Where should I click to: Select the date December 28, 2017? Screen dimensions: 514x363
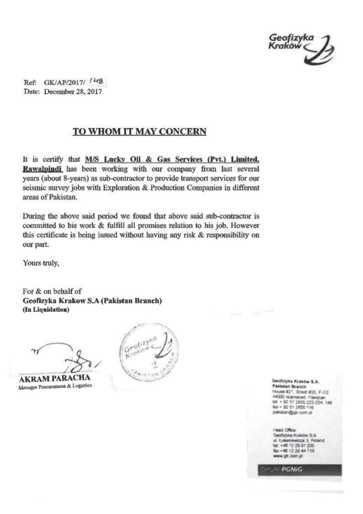pos(73,92)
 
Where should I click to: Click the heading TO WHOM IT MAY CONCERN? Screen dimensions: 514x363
pos(139,132)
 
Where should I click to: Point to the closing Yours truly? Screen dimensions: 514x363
pos(41,263)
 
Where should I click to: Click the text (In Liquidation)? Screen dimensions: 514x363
pos(46,310)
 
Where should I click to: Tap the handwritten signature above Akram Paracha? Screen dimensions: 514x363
pos(67,355)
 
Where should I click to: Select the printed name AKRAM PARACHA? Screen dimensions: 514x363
pos(54,378)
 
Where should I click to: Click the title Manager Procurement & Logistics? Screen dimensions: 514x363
pos(55,386)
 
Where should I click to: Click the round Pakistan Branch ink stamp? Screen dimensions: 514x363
pos(149,351)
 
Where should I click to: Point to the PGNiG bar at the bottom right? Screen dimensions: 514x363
pos(299,469)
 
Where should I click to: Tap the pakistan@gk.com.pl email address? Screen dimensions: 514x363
pos(292,412)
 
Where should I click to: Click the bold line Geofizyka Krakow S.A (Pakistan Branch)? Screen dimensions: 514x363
pos(92,301)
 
